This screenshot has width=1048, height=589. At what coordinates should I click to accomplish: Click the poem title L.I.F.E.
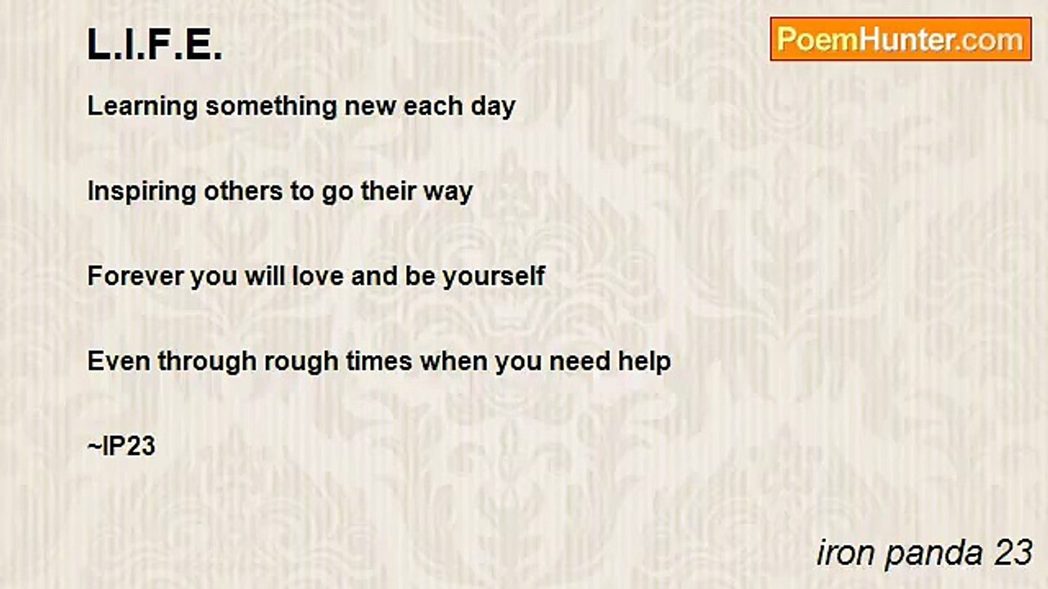tap(155, 44)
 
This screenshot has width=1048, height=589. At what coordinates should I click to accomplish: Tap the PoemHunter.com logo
tap(901, 39)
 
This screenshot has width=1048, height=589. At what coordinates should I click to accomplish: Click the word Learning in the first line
tap(142, 107)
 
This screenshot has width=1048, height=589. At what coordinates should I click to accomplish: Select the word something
tap(271, 107)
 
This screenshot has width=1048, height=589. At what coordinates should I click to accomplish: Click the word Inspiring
tap(142, 192)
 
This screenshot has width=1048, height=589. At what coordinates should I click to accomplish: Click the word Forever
tap(135, 276)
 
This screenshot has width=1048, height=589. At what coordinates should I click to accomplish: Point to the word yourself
tap(494, 277)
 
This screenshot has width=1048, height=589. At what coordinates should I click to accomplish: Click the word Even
tap(119, 362)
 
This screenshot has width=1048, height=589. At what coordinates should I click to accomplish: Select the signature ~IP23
tap(121, 446)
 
